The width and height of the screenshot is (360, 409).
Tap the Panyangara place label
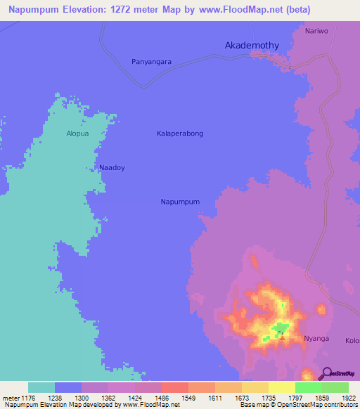[152, 62]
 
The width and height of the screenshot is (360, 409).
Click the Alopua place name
[78, 133]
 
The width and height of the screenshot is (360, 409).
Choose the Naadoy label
[112, 168]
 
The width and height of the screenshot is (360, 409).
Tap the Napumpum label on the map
[181, 202]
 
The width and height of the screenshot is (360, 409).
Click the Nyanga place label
[316, 339]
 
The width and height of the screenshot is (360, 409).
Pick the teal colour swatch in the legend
[41, 387]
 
